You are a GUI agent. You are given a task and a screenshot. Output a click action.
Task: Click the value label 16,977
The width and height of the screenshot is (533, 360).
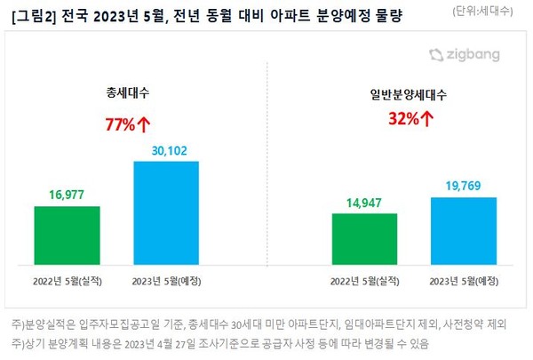coord(68,195)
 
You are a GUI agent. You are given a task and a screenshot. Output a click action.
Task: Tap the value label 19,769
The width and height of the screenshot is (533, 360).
coord(463,186)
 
